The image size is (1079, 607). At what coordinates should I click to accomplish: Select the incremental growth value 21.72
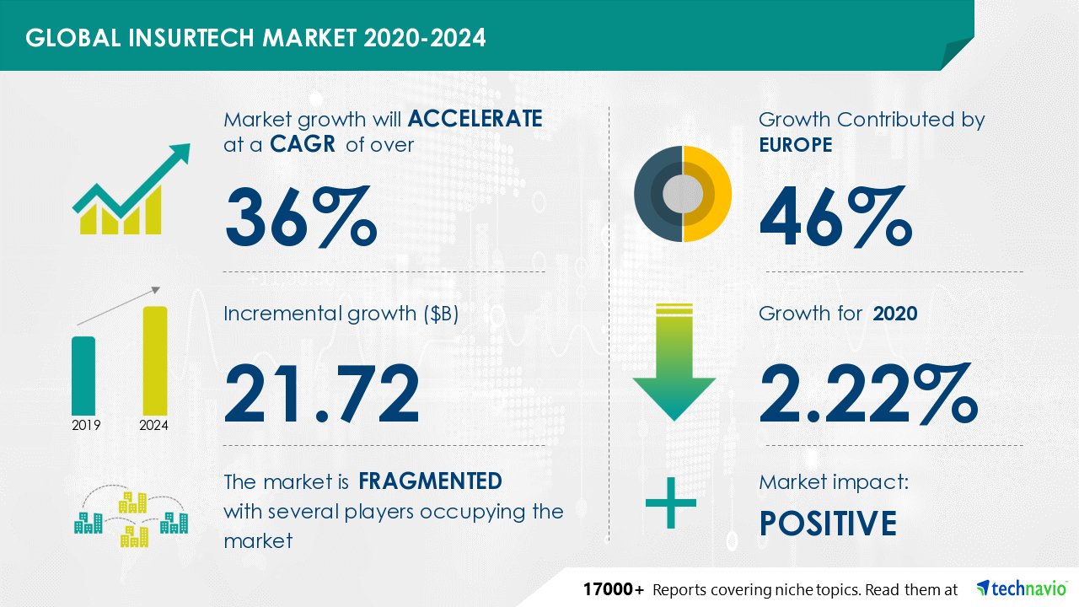[x=321, y=393]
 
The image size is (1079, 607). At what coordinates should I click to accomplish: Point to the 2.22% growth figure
[x=868, y=393]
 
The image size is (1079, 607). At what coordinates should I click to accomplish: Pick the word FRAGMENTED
[x=430, y=481]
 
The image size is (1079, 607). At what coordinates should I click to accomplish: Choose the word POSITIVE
[x=828, y=524]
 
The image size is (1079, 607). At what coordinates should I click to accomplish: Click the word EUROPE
[x=795, y=145]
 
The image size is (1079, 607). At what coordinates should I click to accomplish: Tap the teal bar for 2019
[x=83, y=374]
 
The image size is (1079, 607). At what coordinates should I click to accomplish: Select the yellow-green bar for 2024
[x=155, y=360]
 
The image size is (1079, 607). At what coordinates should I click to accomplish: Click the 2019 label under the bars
[x=86, y=426]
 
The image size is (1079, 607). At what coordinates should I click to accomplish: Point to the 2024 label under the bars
[x=153, y=426]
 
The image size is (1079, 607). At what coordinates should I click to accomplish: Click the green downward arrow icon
[x=674, y=363]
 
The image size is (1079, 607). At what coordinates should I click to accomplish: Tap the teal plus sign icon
[x=671, y=503]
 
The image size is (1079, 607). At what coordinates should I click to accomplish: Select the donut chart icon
[x=683, y=194]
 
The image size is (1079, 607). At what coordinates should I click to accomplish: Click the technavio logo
[x=1021, y=588]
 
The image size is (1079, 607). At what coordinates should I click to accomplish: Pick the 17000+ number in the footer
[x=615, y=588]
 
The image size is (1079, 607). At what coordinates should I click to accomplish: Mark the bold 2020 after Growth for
[x=895, y=314]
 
